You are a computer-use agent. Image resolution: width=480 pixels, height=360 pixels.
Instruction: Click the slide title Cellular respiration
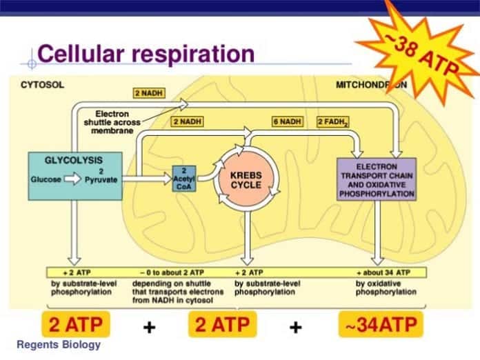pyautogui.click(x=146, y=54)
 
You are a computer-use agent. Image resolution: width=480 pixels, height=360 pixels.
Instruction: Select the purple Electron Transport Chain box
pyautogui.click(x=376, y=179)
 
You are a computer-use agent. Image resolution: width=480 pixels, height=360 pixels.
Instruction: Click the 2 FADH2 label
pyautogui.click(x=332, y=122)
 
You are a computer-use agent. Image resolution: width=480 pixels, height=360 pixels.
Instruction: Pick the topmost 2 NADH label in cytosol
pyautogui.click(x=148, y=92)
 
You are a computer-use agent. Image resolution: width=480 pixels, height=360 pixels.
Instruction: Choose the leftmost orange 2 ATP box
pyautogui.click(x=77, y=324)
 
